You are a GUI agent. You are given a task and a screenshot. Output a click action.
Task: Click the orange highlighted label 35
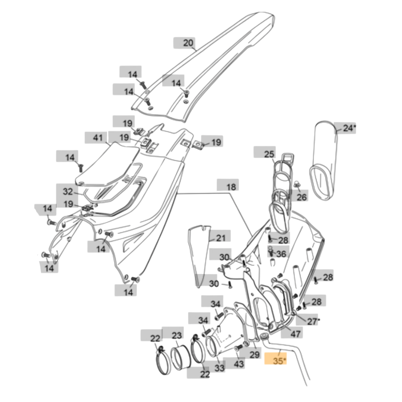tap(275, 360)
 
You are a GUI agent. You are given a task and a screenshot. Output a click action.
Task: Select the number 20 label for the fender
tap(188, 43)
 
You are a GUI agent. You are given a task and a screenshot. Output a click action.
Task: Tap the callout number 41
tap(98, 138)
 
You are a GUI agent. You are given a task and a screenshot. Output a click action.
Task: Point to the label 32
tap(68, 192)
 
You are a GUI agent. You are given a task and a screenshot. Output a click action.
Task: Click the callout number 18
tap(231, 187)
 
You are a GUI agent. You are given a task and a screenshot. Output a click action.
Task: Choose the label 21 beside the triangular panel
tap(221, 238)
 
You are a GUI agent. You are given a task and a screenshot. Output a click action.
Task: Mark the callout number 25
tap(269, 154)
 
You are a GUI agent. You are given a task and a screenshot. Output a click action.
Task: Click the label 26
tap(301, 197)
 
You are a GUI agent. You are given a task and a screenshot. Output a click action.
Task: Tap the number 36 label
tap(281, 254)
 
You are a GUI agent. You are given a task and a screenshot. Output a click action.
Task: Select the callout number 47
tap(295, 334)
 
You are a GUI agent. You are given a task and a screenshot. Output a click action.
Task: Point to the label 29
tap(255, 355)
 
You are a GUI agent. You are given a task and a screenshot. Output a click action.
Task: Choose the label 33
tap(220, 368)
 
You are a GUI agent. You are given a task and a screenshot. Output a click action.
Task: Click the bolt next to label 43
tap(238, 348)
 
